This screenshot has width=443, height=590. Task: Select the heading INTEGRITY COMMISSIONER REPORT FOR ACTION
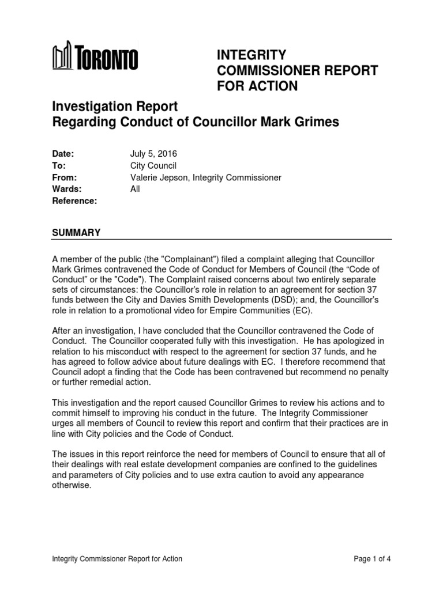297,70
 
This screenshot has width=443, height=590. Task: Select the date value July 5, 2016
153,154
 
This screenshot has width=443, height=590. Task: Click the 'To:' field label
59,166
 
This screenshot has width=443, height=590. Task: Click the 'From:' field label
65,177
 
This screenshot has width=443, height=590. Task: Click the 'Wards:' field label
67,189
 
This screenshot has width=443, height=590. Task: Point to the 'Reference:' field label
74,201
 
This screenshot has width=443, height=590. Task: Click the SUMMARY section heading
76,232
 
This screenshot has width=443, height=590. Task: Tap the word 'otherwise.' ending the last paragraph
72,485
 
